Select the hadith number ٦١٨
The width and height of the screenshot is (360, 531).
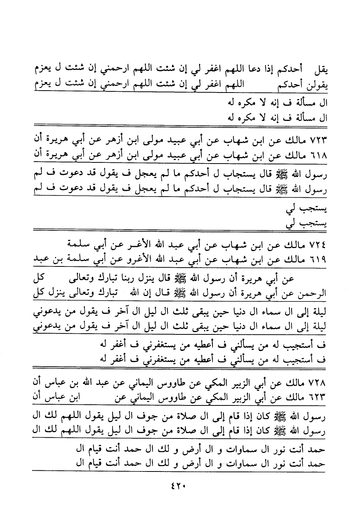(x=317, y=156)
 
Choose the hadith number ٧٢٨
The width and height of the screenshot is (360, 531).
(x=317, y=383)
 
